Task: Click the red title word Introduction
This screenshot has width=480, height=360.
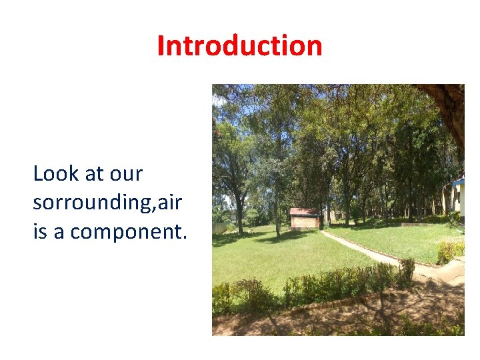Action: point(240,46)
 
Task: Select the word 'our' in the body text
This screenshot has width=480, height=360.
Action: point(126,175)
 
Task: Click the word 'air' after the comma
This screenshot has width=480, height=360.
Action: point(169,202)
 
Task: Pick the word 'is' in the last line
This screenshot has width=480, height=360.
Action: point(40,231)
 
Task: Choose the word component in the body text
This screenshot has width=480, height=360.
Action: point(126,233)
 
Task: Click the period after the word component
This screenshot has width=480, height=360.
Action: point(185,237)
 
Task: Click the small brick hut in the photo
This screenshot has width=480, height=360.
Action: point(304,219)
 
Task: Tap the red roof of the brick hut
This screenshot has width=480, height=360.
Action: point(304,211)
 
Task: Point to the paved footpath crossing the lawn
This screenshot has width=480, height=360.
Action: point(373,251)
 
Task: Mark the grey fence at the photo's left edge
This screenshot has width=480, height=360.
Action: point(219,228)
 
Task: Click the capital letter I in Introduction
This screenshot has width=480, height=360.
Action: point(161,46)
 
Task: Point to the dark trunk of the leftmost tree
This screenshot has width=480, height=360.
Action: point(239,213)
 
